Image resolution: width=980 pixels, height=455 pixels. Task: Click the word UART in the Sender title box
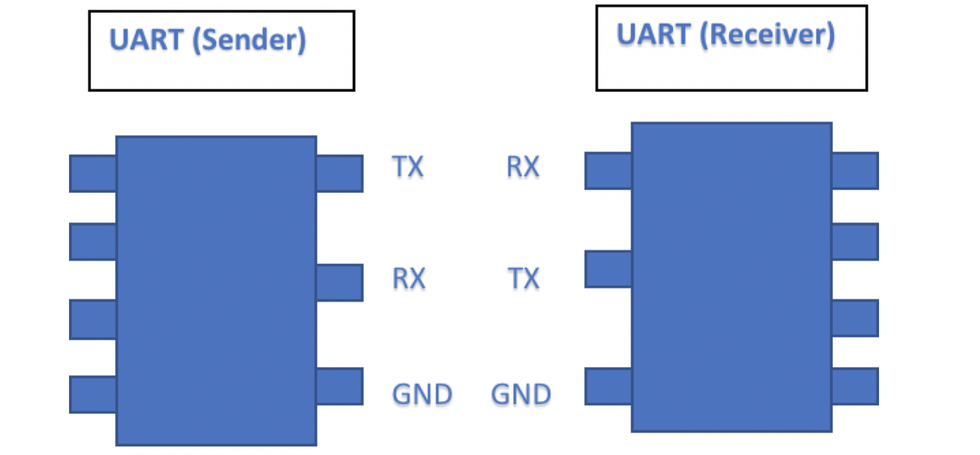coord(146,40)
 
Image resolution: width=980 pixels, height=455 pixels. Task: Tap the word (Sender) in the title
coord(249,40)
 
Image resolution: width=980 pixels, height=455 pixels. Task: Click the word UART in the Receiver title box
coord(653,34)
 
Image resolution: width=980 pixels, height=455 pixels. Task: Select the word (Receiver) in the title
coord(767,34)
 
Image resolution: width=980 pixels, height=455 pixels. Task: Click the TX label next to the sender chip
coord(408,167)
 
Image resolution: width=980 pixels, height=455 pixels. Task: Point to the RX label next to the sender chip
coord(409,278)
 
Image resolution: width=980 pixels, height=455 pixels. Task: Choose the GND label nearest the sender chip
coord(422,394)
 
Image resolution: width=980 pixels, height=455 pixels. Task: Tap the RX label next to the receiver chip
coord(523,167)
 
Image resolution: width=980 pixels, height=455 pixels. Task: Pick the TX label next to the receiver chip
coord(524,278)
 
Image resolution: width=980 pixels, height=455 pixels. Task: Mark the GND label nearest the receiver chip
coord(521,394)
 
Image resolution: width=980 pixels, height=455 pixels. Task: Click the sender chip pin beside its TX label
coord(340,173)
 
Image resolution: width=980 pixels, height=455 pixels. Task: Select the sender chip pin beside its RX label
coord(340,282)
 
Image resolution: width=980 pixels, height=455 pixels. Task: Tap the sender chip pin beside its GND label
coord(340,386)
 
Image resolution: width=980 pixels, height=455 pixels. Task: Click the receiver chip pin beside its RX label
coord(608,171)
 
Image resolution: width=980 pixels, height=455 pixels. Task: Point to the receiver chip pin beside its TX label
coord(608,269)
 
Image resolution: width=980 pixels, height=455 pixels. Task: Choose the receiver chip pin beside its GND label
coord(608,386)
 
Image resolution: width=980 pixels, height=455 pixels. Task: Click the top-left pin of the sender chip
coord(93,173)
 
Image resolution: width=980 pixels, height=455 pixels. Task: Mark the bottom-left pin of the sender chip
coord(93,394)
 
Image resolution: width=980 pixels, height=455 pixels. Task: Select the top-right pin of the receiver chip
coord(855,171)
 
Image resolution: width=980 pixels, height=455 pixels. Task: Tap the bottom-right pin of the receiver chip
coord(855,386)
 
